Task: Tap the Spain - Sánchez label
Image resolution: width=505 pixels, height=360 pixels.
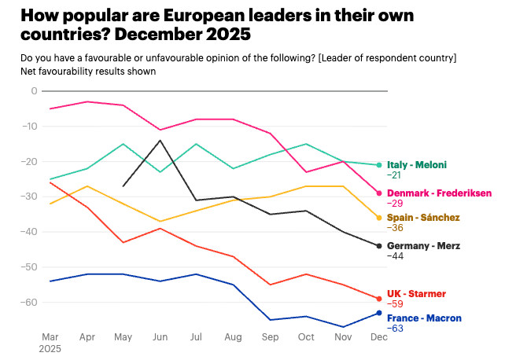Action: (423, 217)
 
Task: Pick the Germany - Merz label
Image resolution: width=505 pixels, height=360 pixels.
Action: (423, 246)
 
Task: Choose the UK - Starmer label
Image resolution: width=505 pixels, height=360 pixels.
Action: (417, 294)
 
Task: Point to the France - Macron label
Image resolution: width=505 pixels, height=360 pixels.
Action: (424, 318)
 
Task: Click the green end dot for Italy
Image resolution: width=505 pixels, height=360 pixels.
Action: (379, 165)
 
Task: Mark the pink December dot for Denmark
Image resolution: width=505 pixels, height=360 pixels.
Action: (379, 193)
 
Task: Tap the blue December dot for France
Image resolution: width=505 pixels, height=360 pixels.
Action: (379, 313)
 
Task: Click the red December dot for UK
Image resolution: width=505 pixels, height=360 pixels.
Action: (379, 299)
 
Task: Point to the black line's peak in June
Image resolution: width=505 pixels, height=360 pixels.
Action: (160, 140)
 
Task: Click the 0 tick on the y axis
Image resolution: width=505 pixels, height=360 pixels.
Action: (34, 91)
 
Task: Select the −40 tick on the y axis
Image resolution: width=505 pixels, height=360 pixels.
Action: (30, 232)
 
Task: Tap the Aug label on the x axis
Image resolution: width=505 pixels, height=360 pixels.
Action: (233, 336)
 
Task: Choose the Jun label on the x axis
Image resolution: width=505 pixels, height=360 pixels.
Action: (160, 336)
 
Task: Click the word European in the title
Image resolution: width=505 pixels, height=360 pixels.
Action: (202, 15)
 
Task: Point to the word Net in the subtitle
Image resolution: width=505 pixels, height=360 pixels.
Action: (29, 71)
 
